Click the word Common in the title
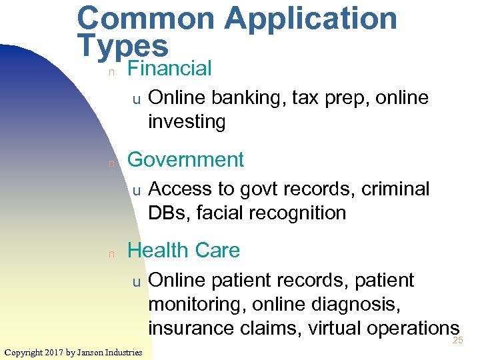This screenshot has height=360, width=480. point(146,19)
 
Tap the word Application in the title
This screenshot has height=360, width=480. point(311,19)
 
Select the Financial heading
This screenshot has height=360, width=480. point(169,68)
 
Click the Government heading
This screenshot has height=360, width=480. point(185,160)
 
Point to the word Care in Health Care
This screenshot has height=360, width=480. point(216,251)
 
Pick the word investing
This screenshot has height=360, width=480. point(187,122)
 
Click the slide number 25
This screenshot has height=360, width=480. point(457,341)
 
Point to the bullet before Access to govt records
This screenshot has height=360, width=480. point(135,191)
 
